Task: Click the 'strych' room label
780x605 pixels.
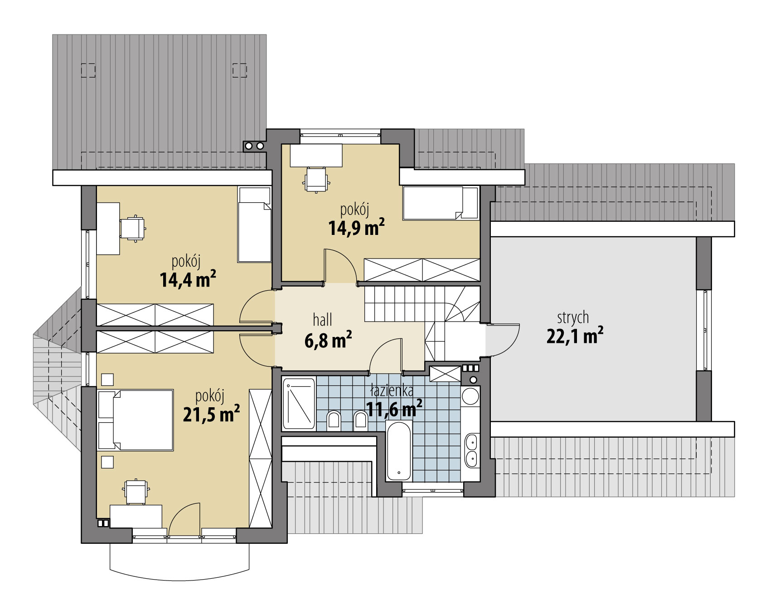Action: (573, 318)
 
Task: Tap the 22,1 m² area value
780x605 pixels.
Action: (575, 336)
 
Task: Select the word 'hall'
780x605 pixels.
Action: (323, 320)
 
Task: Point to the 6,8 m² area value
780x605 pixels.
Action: (328, 340)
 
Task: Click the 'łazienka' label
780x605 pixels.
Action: (392, 391)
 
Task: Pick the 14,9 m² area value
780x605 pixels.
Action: (357, 227)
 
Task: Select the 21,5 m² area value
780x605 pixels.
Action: (211, 414)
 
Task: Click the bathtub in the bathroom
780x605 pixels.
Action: (399, 450)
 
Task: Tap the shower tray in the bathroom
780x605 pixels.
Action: (299, 404)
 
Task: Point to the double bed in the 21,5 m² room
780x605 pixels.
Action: (136, 420)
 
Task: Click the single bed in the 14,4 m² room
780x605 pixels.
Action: (255, 225)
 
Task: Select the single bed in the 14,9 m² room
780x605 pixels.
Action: (441, 203)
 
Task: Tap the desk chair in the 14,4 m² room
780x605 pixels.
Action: (133, 228)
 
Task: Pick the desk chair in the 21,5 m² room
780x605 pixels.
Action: (136, 492)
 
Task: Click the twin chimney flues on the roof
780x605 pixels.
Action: (254, 146)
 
